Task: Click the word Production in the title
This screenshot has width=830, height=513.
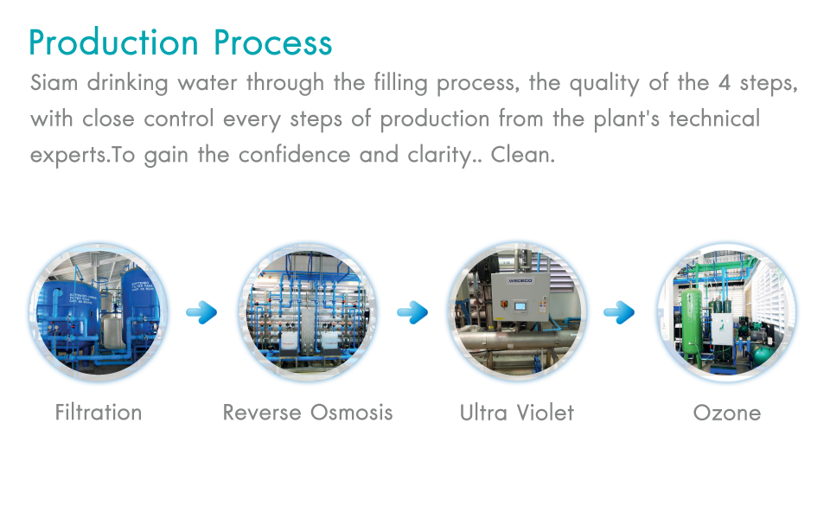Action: pyautogui.click(x=113, y=42)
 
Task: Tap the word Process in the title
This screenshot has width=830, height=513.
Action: pyautogui.click(x=273, y=42)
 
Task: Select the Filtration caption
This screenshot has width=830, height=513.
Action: pyautogui.click(x=99, y=413)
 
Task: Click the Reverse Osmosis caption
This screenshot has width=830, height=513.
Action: pyautogui.click(x=308, y=413)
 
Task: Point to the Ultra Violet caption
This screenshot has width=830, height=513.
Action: pyautogui.click(x=517, y=413)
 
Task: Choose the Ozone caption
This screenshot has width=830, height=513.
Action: pyautogui.click(x=727, y=413)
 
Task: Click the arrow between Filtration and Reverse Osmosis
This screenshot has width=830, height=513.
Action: pyautogui.click(x=201, y=312)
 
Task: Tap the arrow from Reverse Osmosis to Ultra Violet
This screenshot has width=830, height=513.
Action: pyautogui.click(x=412, y=312)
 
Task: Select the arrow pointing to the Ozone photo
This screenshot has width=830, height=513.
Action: pyautogui.click(x=619, y=312)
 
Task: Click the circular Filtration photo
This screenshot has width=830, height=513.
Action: pyautogui.click(x=99, y=312)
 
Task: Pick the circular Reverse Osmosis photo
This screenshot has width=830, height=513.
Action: pyautogui.click(x=308, y=312)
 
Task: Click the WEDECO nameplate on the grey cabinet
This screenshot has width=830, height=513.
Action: pyautogui.click(x=520, y=280)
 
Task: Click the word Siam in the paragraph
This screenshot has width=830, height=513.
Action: pyautogui.click(x=54, y=82)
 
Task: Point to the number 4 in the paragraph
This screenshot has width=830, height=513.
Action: pyautogui.click(x=725, y=83)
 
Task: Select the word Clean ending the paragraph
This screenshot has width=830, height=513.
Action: pyautogui.click(x=522, y=155)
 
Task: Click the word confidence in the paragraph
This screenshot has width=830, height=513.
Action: pyautogui.click(x=294, y=155)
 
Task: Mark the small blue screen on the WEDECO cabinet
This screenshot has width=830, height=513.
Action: pyautogui.click(x=520, y=305)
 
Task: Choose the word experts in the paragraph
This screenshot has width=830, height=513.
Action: pyautogui.click(x=69, y=156)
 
